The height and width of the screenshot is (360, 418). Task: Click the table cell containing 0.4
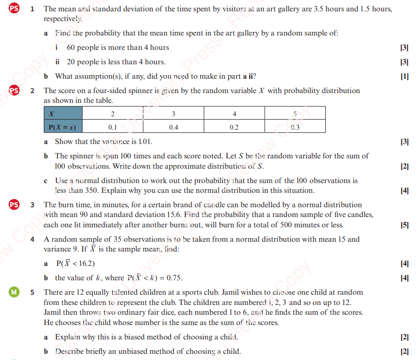[173, 127]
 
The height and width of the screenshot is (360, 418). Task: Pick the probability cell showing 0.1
[113, 127]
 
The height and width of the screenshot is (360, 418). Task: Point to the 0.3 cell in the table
[295, 127]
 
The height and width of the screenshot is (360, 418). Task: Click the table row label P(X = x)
[63, 127]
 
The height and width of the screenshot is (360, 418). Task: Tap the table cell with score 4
[234, 113]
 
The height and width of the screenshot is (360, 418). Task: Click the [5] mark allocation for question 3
[404, 225]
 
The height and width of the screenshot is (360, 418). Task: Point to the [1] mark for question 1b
[404, 77]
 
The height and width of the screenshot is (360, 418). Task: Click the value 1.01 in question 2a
[145, 141]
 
